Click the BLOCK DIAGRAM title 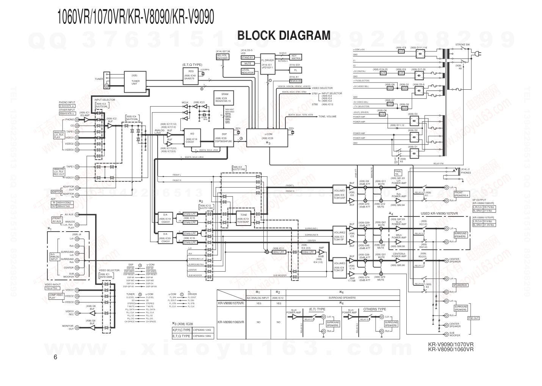[284, 36]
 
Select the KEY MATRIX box [296, 57]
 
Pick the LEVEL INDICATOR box [248, 71]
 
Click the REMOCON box [295, 81]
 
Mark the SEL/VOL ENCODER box [222, 57]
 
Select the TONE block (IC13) [243, 217]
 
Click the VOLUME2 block [339, 235]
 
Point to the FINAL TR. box [398, 172]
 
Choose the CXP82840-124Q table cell [204, 330]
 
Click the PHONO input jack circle [77, 120]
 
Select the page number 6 [55, 357]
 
